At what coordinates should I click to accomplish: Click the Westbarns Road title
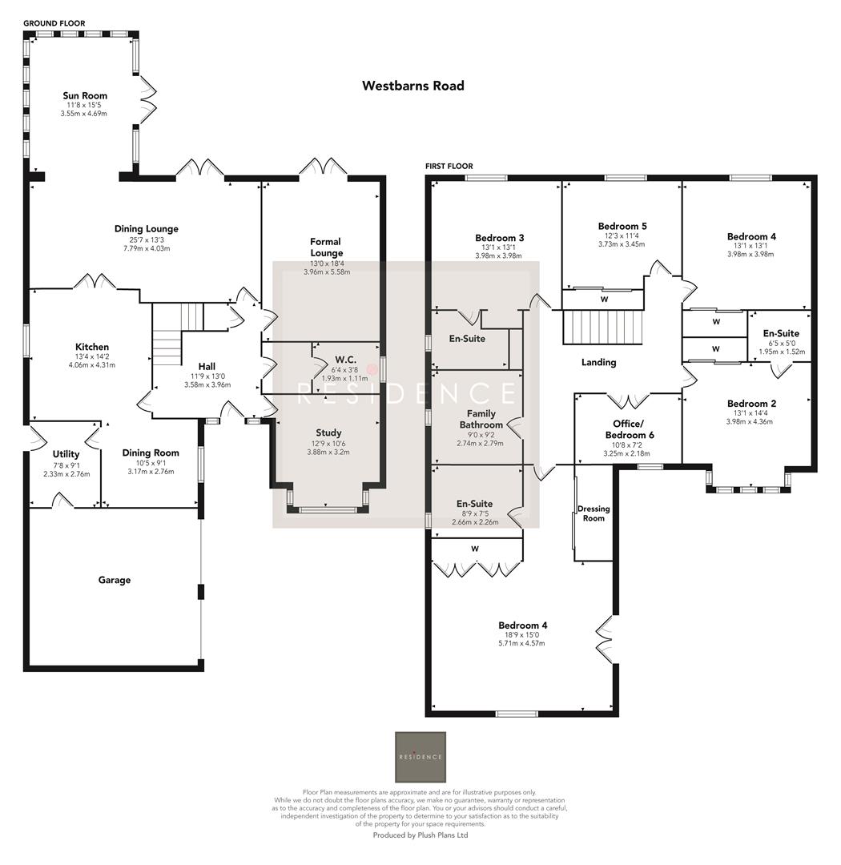[412, 86]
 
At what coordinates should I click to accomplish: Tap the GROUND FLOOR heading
[54, 24]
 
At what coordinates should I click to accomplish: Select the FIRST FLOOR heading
[449, 167]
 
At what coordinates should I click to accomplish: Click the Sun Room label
[85, 96]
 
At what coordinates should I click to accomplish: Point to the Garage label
[115, 580]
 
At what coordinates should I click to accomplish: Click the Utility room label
[66, 454]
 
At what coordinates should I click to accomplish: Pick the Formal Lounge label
[326, 247]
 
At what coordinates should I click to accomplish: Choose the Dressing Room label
[594, 513]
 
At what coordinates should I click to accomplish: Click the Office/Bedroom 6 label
[628, 428]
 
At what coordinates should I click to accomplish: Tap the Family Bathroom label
[481, 419]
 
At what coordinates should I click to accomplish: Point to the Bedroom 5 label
[622, 226]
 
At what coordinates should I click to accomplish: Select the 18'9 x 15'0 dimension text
[523, 635]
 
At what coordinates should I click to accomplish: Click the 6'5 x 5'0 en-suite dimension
[781, 343]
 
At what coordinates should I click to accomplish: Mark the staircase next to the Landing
[602, 328]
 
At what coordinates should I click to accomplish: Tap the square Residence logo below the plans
[420, 757]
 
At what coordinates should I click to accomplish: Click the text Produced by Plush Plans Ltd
[420, 835]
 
